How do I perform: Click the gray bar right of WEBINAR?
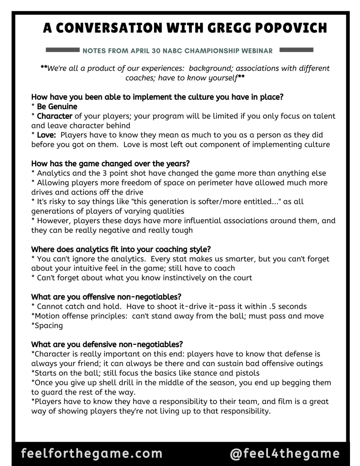click(296, 49)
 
